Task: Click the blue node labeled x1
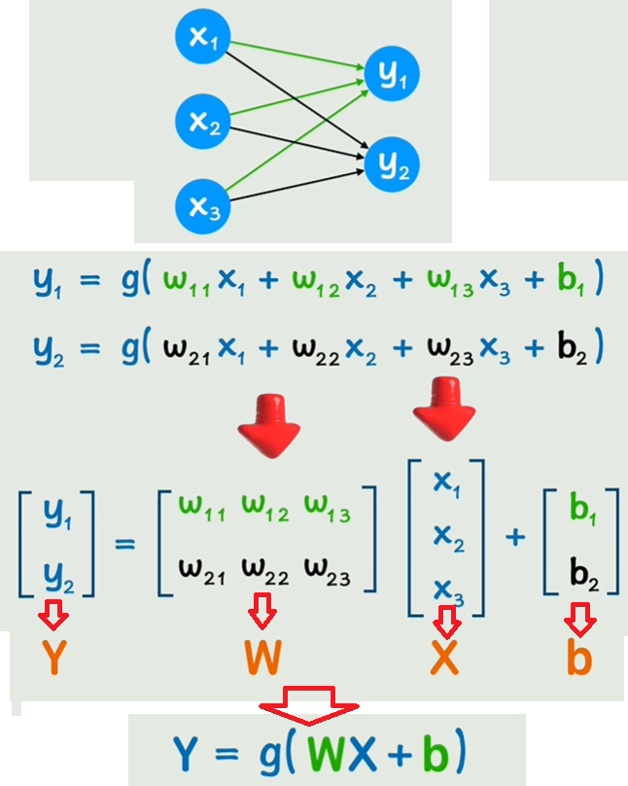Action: pyautogui.click(x=201, y=39)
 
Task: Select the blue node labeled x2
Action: pyautogui.click(x=201, y=122)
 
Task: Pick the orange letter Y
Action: pyautogui.click(x=54, y=660)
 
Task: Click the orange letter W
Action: pyautogui.click(x=262, y=660)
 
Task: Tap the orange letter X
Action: pyautogui.click(x=444, y=660)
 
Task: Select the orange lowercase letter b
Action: pyautogui.click(x=579, y=658)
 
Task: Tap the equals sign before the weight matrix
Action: pyautogui.click(x=125, y=542)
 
